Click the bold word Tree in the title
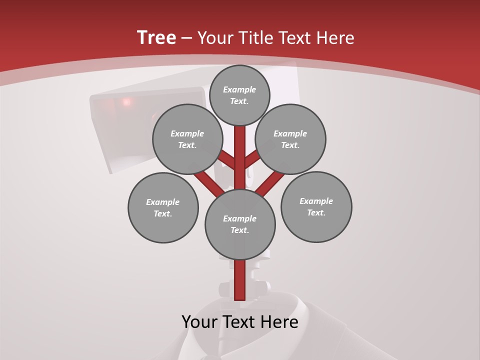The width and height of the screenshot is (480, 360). pyautogui.click(x=156, y=38)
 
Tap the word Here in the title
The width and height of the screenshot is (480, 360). pyautogui.click(x=336, y=38)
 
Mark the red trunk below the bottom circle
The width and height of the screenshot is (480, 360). pyautogui.click(x=240, y=280)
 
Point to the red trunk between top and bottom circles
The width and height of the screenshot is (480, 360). pyautogui.click(x=240, y=160)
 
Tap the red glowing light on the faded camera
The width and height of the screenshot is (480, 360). pyautogui.click(x=126, y=102)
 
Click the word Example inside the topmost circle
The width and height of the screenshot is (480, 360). pyautogui.click(x=239, y=90)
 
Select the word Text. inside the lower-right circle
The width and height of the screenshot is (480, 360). pyautogui.click(x=316, y=213)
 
